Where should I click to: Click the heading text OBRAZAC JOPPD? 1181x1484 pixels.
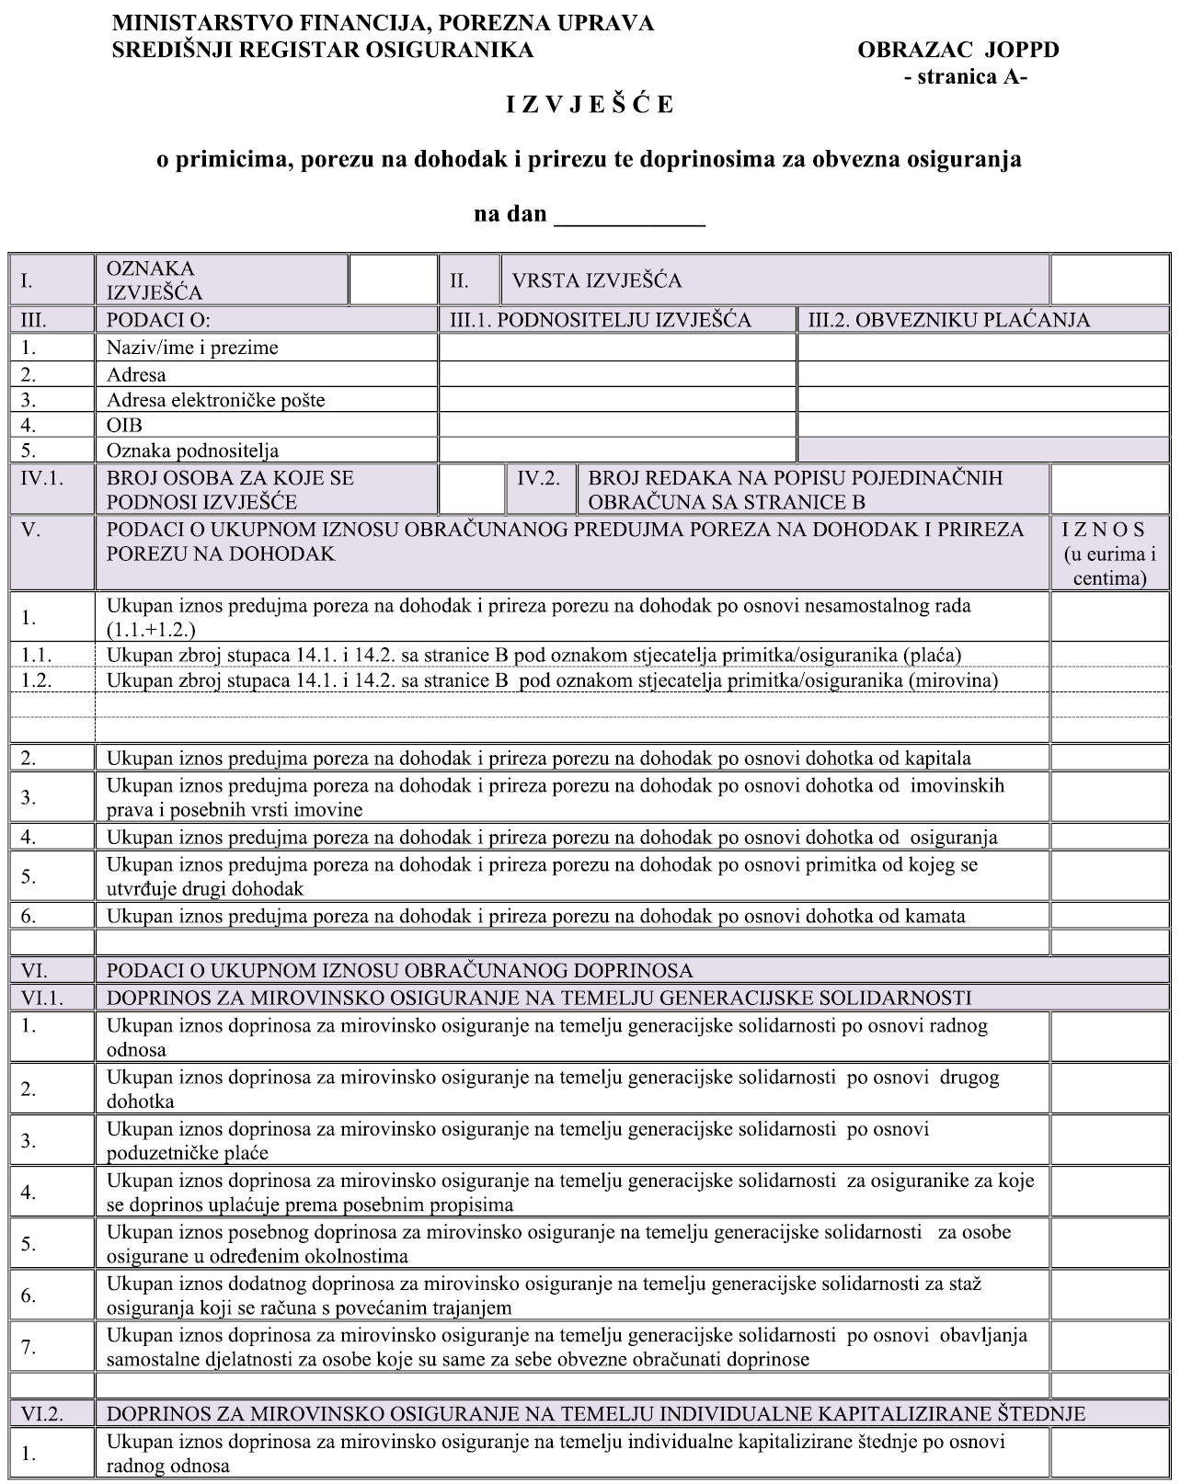tap(957, 50)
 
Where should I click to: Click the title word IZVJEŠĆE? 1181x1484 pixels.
tap(590, 105)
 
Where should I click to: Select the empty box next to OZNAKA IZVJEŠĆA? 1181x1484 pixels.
tap(393, 280)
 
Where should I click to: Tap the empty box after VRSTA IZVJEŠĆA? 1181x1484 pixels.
tap(1109, 280)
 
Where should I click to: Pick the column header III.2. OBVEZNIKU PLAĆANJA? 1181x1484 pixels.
tap(947, 320)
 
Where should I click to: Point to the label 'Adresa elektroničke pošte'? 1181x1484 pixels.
tap(215, 400)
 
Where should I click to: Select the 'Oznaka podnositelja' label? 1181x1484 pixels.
tap(192, 451)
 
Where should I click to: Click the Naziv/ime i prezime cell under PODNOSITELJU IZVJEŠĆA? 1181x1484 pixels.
tap(616, 348)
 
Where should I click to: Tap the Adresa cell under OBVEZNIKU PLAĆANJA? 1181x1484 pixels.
tap(982, 374)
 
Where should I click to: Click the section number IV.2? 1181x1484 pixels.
tap(539, 478)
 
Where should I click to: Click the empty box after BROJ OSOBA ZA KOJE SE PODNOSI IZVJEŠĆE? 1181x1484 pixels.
tap(471, 489)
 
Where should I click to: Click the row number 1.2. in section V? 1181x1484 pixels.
tap(37, 680)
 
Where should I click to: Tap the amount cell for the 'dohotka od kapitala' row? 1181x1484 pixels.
tap(1109, 759)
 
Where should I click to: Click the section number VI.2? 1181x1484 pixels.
tap(42, 1414)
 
